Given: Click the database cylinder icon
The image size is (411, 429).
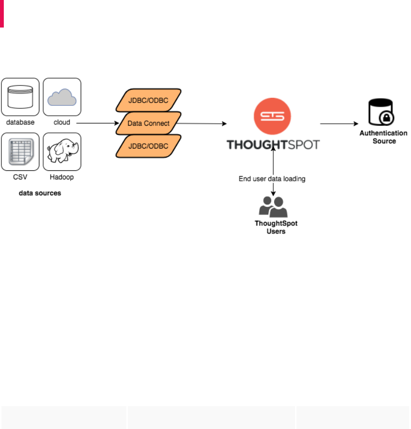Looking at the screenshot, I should [20, 97].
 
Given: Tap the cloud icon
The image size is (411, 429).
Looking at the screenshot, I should [62, 97].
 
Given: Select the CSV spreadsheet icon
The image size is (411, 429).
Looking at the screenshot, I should [20, 151].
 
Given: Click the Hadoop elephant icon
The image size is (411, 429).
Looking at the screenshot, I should [62, 151].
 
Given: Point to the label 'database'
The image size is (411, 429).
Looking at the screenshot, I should [20, 122].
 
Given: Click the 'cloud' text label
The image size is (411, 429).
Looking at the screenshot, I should [62, 122].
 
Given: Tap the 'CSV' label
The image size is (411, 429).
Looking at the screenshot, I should [20, 177].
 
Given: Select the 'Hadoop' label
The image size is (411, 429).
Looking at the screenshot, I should [62, 177].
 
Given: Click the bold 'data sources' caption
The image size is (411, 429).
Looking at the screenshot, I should [40, 193].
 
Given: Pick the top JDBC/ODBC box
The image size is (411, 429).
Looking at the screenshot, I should [149, 100].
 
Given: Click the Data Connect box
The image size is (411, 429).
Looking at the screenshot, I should [149, 123].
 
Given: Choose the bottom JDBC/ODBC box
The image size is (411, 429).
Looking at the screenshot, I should [149, 146].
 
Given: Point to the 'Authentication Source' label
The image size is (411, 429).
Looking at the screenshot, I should [384, 137].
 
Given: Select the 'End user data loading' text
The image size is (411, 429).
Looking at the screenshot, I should [272, 179].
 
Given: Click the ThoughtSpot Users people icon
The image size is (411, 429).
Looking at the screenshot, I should [273, 207].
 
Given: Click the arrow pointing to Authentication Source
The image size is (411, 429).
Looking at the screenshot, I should [339, 124].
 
